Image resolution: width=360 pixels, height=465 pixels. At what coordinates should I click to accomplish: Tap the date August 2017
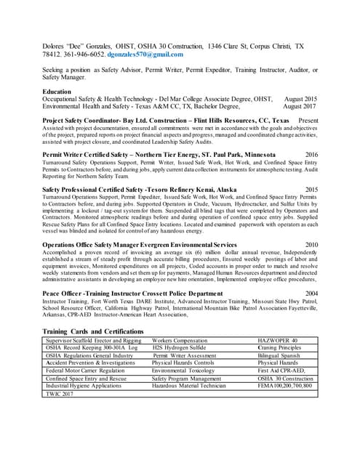pos(300,105)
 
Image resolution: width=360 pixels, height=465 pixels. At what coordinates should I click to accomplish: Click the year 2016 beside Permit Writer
pos(311,155)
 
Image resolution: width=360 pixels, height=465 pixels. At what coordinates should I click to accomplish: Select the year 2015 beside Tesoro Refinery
pos(311,189)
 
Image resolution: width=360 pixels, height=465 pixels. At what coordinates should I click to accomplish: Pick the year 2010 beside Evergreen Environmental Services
pos(311,245)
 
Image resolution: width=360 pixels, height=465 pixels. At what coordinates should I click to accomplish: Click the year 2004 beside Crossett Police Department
pos(311,293)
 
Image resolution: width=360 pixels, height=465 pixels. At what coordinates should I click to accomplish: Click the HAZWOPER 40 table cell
pos(279,340)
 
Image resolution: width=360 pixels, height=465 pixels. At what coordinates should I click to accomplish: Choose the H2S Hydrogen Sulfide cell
pos(180,348)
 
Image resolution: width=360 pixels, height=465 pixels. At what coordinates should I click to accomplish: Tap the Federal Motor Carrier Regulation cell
pos(85,370)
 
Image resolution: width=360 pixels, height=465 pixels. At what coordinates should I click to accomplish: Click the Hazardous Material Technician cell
pos(189,385)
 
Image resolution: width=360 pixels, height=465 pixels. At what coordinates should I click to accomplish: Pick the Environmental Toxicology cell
pos(185,370)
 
